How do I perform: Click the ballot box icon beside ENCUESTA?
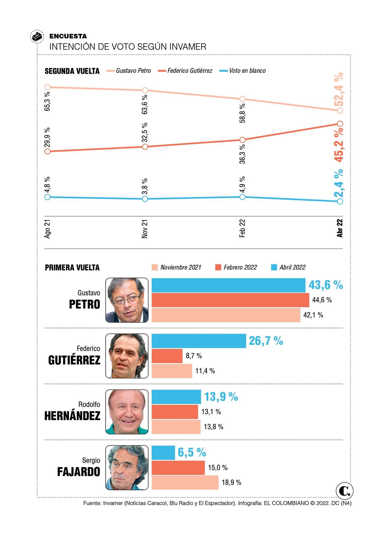coord(37,37)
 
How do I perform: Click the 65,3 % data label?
coord(47,101)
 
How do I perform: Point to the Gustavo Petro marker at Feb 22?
coord(242,99)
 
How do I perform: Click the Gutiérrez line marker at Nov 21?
coord(145,147)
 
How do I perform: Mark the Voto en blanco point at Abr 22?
coord(340,201)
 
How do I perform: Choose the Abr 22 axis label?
coord(340,228)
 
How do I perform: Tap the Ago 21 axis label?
coord(47,229)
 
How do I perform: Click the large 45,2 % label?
coord(339,145)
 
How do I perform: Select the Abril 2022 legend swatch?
coord(274,267)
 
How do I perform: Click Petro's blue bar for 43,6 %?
coord(228,285)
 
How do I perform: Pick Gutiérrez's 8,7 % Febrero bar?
coord(167,356)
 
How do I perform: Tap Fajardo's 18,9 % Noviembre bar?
coord(185,482)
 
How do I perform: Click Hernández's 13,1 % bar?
coord(175,412)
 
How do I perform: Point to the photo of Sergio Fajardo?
coord(127,467)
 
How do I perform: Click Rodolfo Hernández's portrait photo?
coord(127,412)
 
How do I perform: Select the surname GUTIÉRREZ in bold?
coord(74,360)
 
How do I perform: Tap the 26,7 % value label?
coord(266,341)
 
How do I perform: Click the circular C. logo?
coord(344,491)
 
